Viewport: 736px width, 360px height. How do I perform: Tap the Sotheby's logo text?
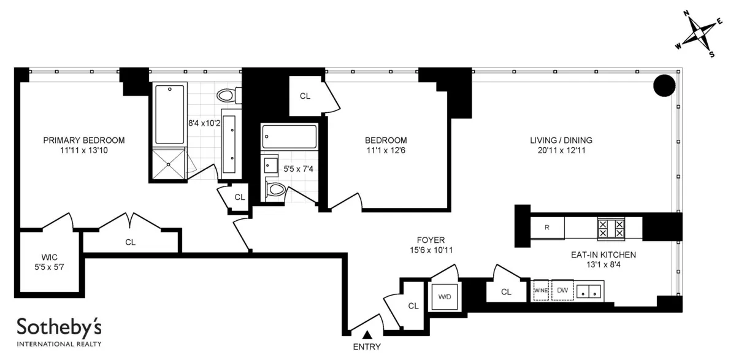[x=59, y=327]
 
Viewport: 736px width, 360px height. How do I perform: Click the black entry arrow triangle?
[x=367, y=334]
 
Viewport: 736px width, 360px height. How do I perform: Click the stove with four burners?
[x=611, y=228]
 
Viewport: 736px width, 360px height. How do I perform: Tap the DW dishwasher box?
[x=562, y=291]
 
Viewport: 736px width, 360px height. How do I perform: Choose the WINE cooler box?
[x=541, y=291]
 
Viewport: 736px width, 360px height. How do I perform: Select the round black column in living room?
[x=664, y=85]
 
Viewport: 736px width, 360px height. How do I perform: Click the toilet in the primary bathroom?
[x=228, y=96]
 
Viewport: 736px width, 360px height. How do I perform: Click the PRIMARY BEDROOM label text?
[x=84, y=140]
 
